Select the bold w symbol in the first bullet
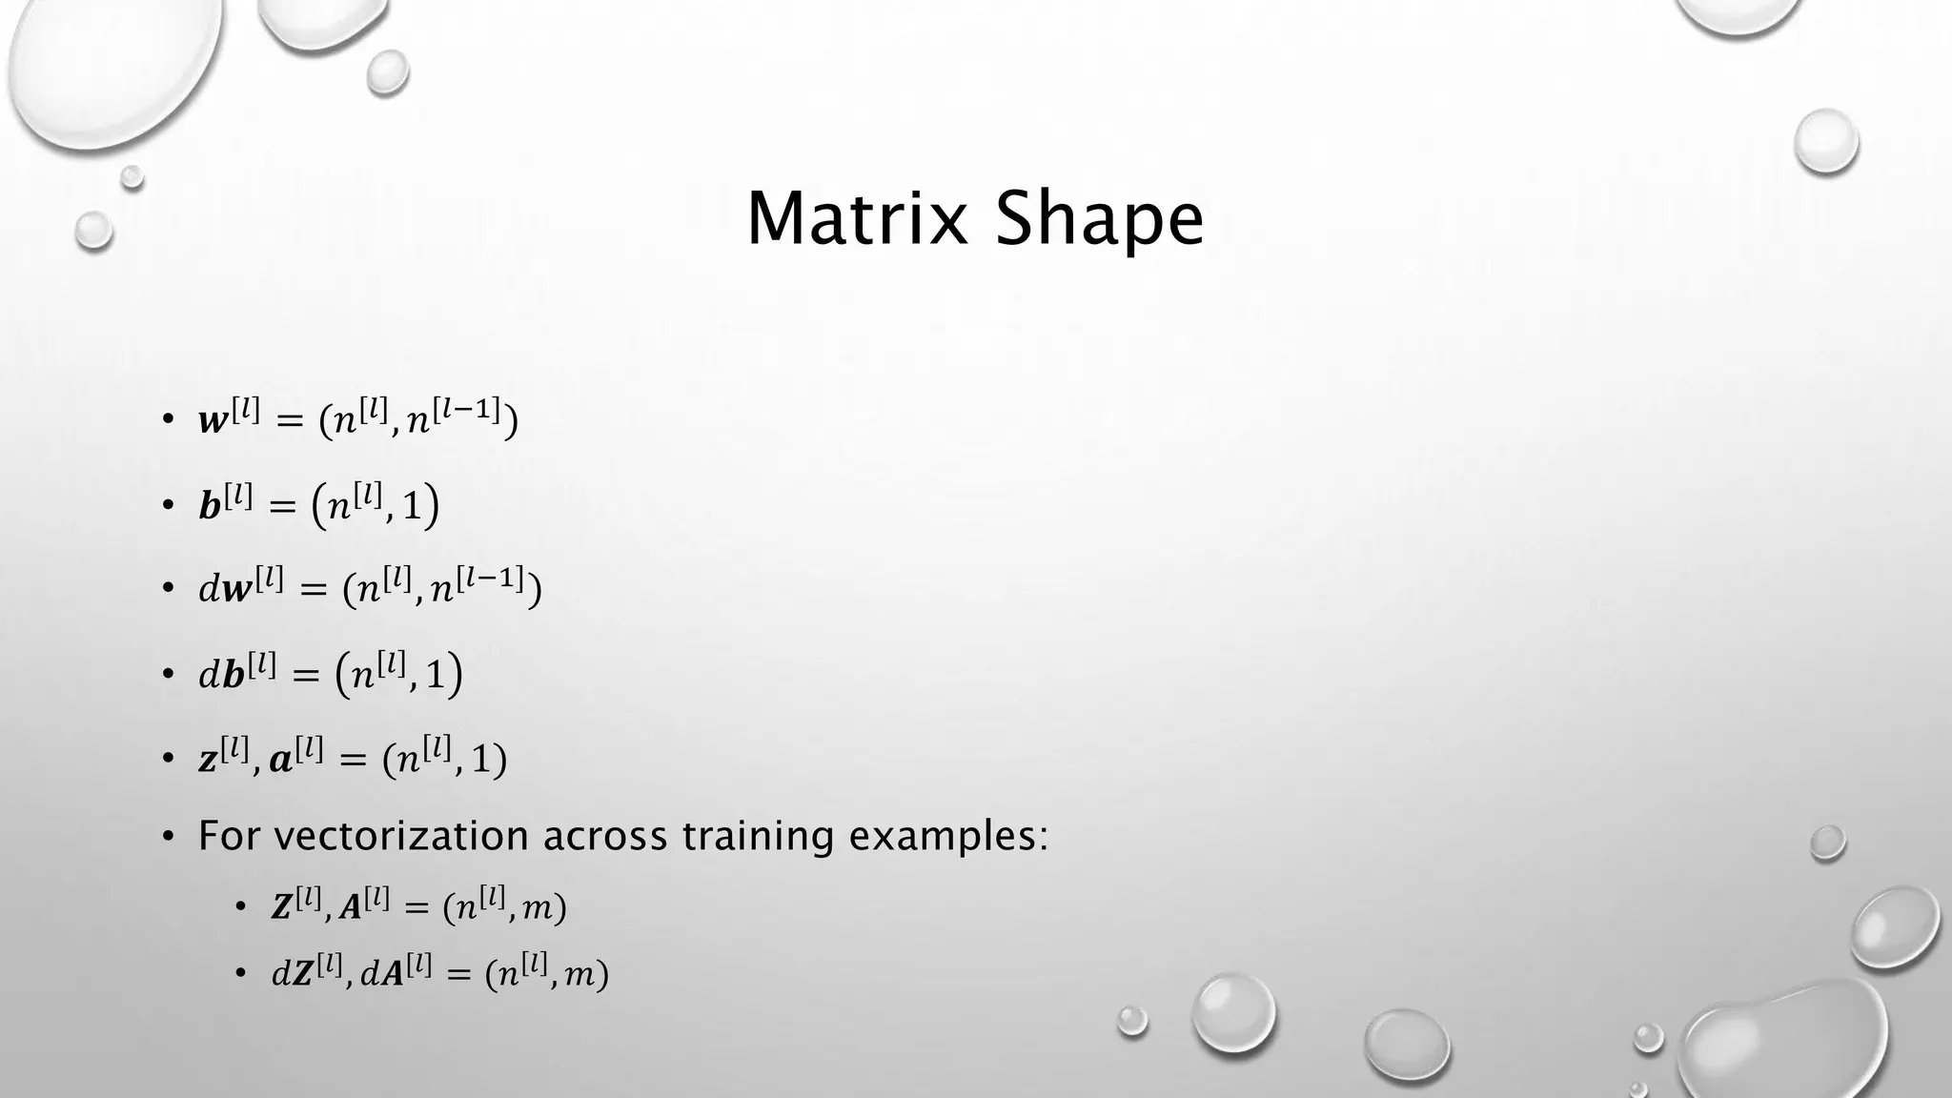point(213,421)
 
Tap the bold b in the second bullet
point(210,506)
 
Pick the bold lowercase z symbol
point(208,761)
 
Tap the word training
point(757,836)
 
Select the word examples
point(947,837)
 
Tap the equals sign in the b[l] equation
point(282,507)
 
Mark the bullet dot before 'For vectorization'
point(169,837)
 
